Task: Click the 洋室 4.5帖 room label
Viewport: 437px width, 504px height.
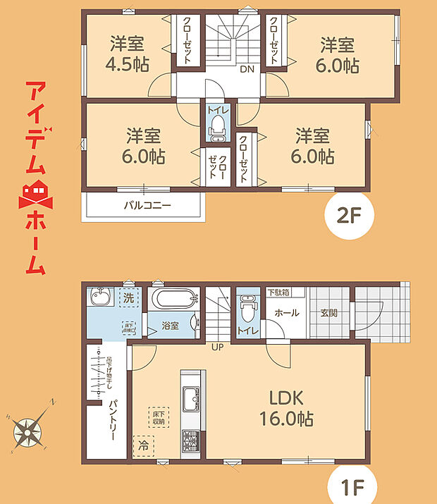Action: pyautogui.click(x=127, y=54)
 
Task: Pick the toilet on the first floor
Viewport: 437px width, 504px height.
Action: pyautogui.click(x=247, y=307)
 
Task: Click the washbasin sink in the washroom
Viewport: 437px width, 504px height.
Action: pyautogui.click(x=101, y=299)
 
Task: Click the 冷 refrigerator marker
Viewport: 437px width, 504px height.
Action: pyautogui.click(x=144, y=445)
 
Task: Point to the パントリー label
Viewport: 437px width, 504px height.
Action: pyautogui.click(x=112, y=420)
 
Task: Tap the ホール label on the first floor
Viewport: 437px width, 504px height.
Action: pyautogui.click(x=286, y=312)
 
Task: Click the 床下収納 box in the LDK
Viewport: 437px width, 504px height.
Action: pyautogui.click(x=158, y=417)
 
